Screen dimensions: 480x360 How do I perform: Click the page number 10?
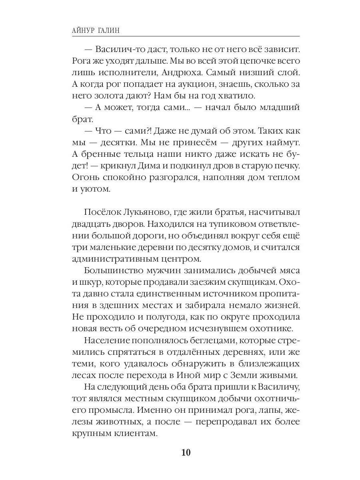pos(186,453)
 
